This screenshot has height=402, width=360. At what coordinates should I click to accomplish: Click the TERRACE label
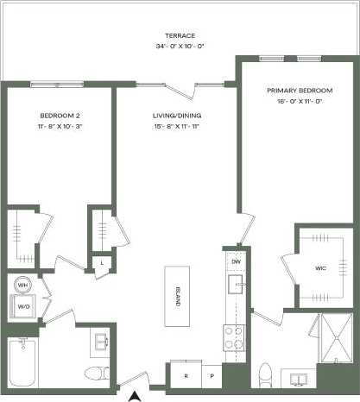tap(174, 35)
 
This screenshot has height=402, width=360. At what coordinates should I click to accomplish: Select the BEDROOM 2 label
tap(60, 115)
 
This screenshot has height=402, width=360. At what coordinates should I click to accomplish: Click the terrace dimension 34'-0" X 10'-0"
tap(174, 46)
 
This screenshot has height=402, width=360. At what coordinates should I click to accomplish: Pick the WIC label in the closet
tap(319, 267)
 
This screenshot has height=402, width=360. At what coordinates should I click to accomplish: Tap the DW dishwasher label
tap(236, 261)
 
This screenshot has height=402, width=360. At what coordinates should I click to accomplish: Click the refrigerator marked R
tap(186, 376)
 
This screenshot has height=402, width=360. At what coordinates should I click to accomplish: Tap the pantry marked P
tap(210, 376)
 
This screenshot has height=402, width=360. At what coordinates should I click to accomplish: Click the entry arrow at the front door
tap(135, 396)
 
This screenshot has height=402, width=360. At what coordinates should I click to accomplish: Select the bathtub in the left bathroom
tap(23, 363)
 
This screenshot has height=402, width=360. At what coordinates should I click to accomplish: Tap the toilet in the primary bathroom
tap(266, 375)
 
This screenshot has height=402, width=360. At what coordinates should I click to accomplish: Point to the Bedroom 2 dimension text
tap(60, 126)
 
